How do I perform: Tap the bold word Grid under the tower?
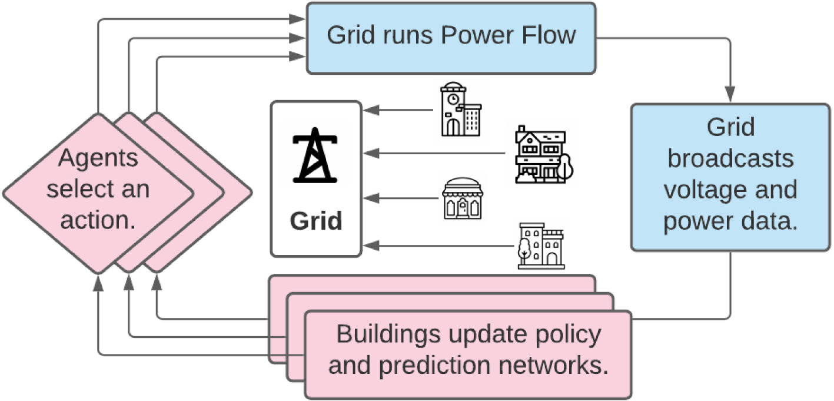pos(315,221)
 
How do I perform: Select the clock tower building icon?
pos(460,111)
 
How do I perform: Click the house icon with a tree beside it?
pos(543,154)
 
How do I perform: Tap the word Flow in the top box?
pos(544,36)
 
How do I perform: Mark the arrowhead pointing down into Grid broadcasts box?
pos(730,96)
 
